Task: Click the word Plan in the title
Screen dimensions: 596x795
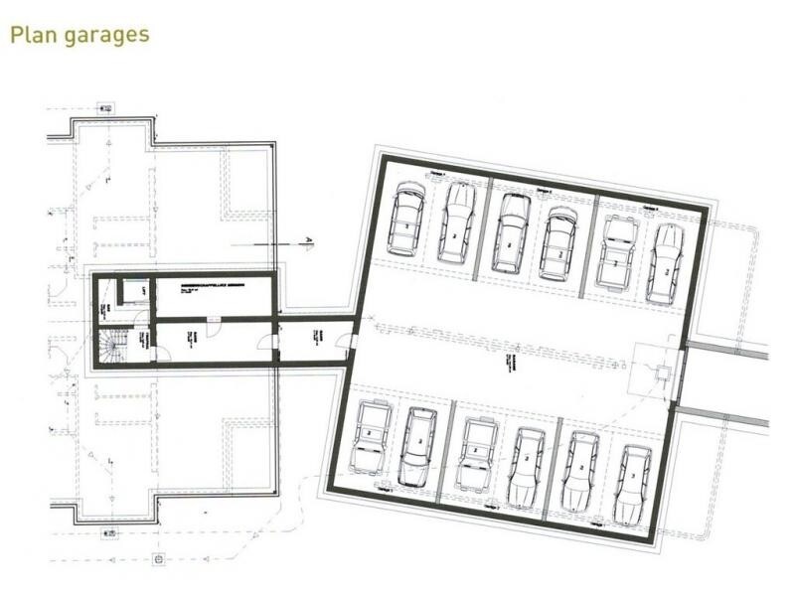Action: click(x=35, y=35)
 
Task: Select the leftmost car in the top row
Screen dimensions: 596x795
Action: click(x=406, y=220)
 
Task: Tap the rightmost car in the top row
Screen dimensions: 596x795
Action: click(x=665, y=263)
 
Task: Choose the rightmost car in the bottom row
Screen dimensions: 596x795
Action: click(x=632, y=486)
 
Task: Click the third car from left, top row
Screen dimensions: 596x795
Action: click(x=512, y=233)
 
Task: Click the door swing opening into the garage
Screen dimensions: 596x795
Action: click(x=343, y=342)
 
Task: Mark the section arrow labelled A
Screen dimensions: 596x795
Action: click(x=308, y=241)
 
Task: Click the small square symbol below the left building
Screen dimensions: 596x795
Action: click(x=158, y=559)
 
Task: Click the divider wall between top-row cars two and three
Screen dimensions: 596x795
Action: click(x=486, y=227)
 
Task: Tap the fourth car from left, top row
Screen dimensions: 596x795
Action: click(x=557, y=244)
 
